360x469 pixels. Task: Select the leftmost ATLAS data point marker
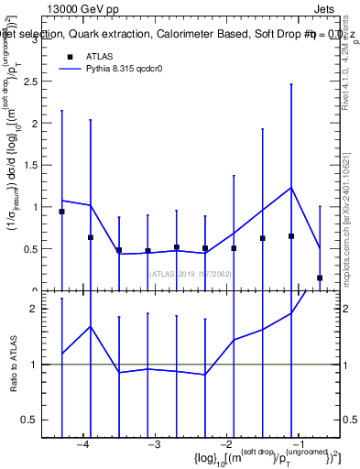61,212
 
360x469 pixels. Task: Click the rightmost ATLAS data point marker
320,278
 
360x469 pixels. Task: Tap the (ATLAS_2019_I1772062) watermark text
191,274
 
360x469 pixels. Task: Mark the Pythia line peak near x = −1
291,188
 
